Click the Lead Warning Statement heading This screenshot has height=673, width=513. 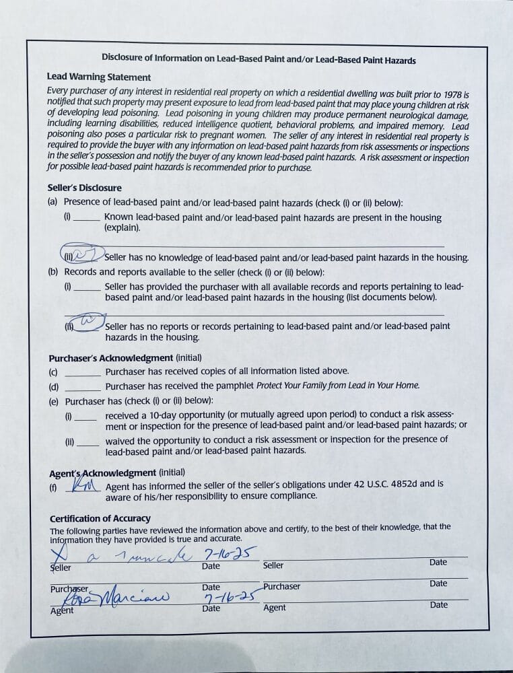coord(99,77)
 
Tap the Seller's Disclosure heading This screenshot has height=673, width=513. coord(84,188)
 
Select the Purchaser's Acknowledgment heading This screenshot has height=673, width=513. coord(111,357)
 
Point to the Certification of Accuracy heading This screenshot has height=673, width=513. coord(100,518)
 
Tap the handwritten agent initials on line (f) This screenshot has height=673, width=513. coord(85,485)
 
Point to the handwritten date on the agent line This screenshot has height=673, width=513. coord(223,596)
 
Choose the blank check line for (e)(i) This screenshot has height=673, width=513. coord(86,419)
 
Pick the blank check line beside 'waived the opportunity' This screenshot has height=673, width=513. coord(88,444)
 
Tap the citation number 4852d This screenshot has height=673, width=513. coord(411,484)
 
